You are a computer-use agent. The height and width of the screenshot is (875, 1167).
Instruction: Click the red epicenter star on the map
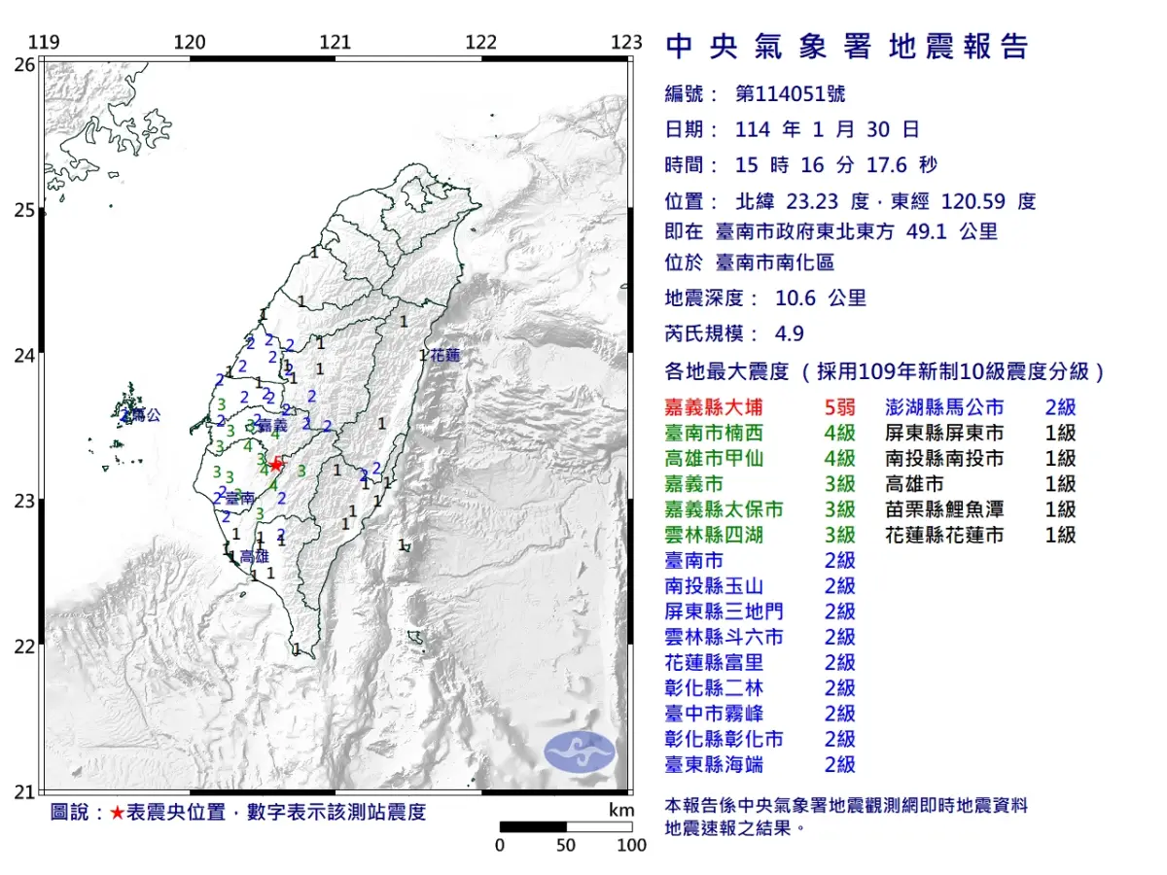pyautogui.click(x=276, y=465)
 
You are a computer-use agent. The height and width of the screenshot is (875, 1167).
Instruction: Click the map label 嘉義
pyautogui.click(x=273, y=425)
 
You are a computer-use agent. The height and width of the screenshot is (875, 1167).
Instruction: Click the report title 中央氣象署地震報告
pyautogui.click(x=846, y=47)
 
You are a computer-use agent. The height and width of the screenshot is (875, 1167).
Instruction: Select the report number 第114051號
pyautogui.click(x=790, y=94)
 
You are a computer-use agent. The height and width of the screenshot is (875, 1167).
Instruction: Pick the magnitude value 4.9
pyautogui.click(x=790, y=333)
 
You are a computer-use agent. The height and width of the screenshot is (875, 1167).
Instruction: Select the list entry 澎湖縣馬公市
pyautogui.click(x=944, y=408)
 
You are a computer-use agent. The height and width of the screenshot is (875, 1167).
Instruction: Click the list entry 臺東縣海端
pyautogui.click(x=714, y=764)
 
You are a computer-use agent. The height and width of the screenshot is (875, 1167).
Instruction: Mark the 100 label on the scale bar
pyautogui.click(x=632, y=845)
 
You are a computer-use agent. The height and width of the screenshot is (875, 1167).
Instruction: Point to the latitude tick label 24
pyautogui.click(x=23, y=356)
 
